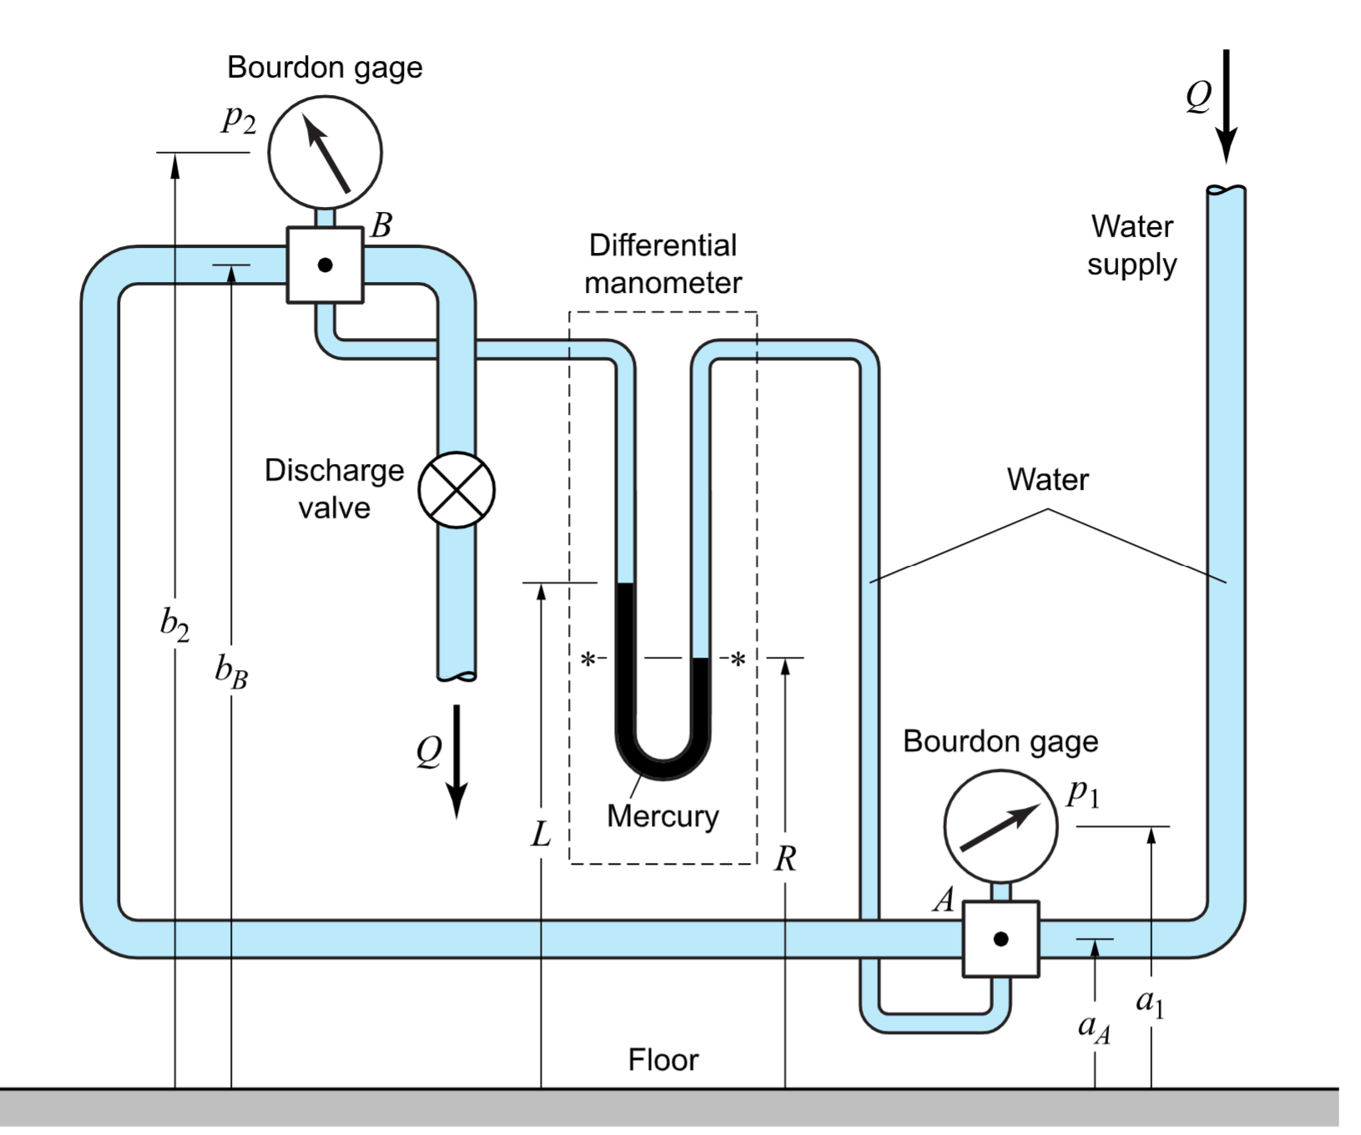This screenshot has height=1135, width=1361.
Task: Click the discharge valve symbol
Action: (456, 491)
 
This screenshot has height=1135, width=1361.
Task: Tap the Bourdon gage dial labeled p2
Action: (325, 153)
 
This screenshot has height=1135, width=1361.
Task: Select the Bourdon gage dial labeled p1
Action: (1001, 826)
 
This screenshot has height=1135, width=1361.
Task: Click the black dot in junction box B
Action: (325, 265)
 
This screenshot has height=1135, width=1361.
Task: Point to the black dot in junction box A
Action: (1001, 939)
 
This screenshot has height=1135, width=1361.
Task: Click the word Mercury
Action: (663, 816)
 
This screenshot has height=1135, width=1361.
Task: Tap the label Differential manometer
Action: (663, 264)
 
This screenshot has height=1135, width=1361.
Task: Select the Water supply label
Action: (1132, 245)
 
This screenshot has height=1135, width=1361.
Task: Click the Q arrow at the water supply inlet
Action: (1226, 104)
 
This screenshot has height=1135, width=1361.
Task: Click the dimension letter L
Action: (541, 834)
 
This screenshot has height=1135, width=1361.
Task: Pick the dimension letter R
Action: (784, 859)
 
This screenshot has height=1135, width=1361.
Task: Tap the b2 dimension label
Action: (174, 624)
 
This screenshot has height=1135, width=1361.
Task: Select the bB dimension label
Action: (231, 671)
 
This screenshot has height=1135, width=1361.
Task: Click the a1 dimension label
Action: (1150, 1001)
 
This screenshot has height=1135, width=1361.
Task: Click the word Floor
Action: (663, 1060)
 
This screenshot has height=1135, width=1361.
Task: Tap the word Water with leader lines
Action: (1047, 480)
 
